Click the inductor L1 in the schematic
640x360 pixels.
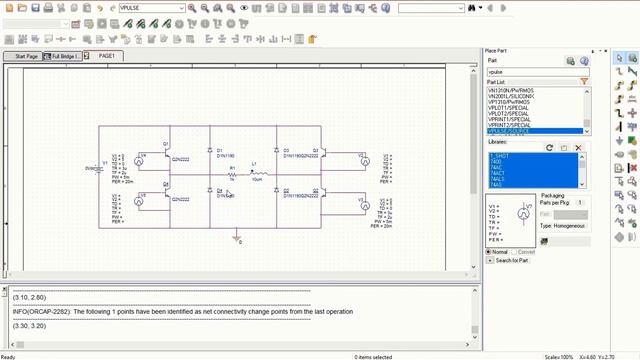tap(257, 172)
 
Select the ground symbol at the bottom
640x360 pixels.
tap(237, 240)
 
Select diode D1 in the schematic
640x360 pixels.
tap(209, 150)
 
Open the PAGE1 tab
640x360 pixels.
tap(106, 56)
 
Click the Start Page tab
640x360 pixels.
tap(20, 56)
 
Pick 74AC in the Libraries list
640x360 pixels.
tap(497, 167)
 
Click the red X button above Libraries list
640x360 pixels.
tap(578, 148)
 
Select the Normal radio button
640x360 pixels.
tap(488, 252)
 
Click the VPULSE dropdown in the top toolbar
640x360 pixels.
tap(151, 7)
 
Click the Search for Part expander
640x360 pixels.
tap(510, 261)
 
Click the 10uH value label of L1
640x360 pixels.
tap(257, 180)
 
